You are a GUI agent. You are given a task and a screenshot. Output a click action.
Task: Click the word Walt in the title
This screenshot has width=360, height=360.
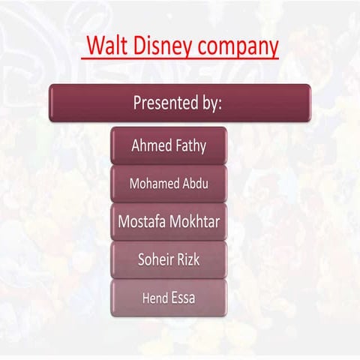pyautogui.click(x=104, y=46)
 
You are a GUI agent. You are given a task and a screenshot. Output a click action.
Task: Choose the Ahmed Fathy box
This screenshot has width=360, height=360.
pyautogui.click(x=169, y=145)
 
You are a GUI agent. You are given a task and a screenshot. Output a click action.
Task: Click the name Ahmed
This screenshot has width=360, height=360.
pyautogui.click(x=150, y=145)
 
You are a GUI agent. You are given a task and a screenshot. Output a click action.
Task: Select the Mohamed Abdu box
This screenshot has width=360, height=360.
pyautogui.click(x=169, y=184)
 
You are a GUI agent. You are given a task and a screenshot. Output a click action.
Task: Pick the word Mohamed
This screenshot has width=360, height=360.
pyautogui.click(x=153, y=184)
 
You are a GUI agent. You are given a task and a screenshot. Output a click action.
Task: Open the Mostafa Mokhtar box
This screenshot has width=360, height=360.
pyautogui.click(x=169, y=222)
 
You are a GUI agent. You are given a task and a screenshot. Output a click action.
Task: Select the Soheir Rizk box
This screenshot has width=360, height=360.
pyautogui.click(x=169, y=260)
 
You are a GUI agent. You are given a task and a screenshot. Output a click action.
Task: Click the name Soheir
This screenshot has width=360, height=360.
pyautogui.click(x=155, y=260)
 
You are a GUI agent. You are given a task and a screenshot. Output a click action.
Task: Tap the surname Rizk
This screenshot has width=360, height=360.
pyautogui.click(x=189, y=260)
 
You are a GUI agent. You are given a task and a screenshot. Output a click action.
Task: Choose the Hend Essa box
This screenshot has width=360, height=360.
pyautogui.click(x=169, y=298)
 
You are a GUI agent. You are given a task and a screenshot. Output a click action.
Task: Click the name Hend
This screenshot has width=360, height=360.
pyautogui.click(x=154, y=298)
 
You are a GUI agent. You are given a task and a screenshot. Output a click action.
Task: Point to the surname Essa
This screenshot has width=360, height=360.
pyautogui.click(x=184, y=298)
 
